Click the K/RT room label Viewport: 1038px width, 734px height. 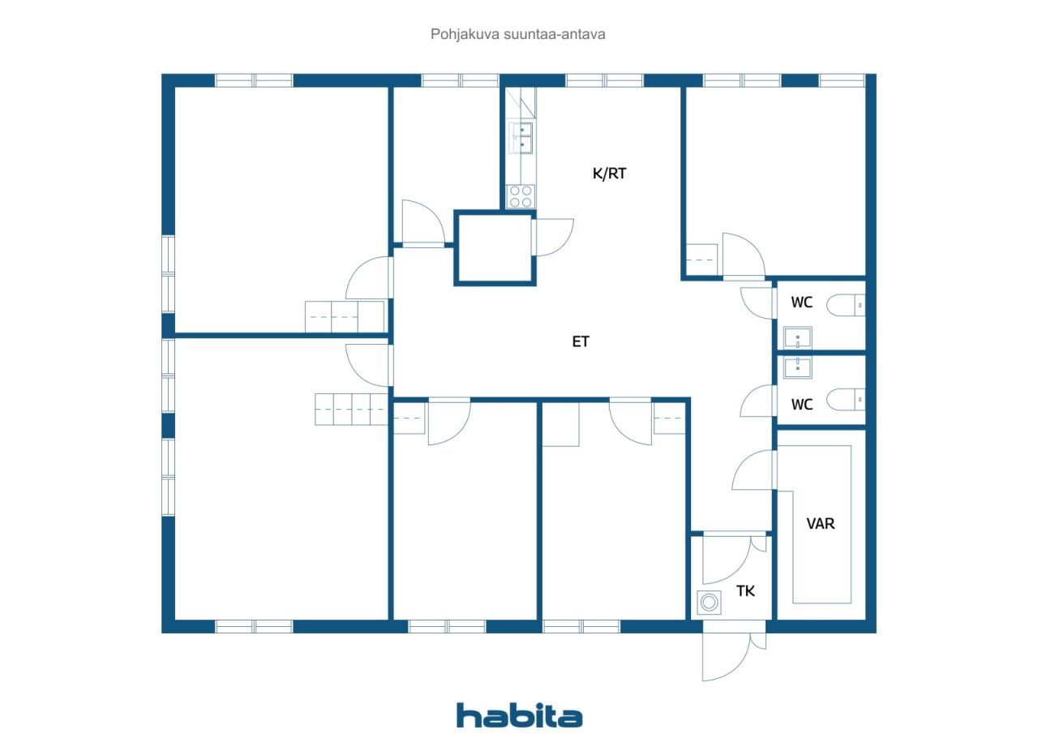tap(609, 174)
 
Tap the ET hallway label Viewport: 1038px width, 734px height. tap(581, 341)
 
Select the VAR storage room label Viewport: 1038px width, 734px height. tap(821, 524)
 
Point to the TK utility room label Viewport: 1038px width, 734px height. tap(745, 590)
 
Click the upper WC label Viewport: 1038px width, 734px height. tap(802, 303)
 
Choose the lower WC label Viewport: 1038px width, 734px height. tap(802, 405)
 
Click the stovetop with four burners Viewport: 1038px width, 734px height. tap(521, 196)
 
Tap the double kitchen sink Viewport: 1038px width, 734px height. tap(521, 138)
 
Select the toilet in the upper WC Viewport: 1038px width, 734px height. tap(846, 305)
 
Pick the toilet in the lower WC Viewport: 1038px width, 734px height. tap(846, 399)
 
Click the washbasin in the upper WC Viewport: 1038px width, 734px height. tap(797, 337)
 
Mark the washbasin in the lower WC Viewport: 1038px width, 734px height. tap(797, 368)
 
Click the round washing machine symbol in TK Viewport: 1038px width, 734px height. tap(709, 603)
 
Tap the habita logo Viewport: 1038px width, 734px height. tap(520, 716)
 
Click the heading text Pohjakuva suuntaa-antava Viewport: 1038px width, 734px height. tap(517, 34)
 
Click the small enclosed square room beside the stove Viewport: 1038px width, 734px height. tap(495, 248)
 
